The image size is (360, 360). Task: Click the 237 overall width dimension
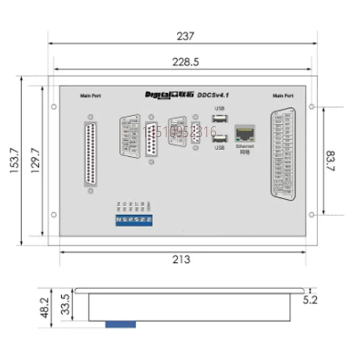[185, 36]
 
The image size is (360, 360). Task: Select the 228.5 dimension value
[185, 63]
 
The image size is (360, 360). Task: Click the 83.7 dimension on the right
[330, 161]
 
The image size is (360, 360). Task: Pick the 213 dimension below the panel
[181, 260]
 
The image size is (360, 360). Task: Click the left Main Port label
[90, 96]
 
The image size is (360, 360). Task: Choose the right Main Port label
[283, 96]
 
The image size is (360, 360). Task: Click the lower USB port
[219, 139]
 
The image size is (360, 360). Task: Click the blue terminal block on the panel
[134, 220]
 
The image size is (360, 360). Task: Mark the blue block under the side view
[120, 324]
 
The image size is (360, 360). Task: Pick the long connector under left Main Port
[90, 154]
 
